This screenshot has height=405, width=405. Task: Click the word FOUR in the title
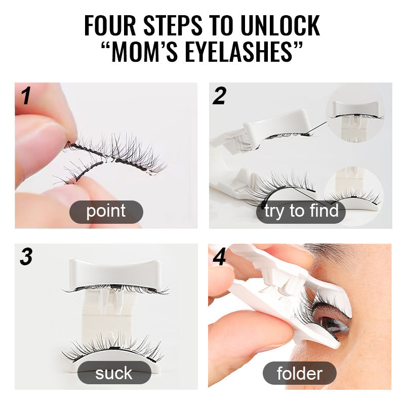click(x=110, y=25)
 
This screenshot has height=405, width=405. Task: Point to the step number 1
click(x=26, y=96)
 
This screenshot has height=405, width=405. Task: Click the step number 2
click(x=219, y=96)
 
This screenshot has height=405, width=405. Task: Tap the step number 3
click(x=26, y=257)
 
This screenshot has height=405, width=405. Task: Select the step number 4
click(x=219, y=257)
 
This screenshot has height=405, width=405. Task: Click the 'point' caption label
click(x=106, y=212)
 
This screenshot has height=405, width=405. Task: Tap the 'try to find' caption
click(x=301, y=212)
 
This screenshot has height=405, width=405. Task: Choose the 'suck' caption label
click(x=114, y=373)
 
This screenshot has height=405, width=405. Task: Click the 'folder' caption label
click(x=299, y=373)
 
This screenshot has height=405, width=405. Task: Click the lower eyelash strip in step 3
click(x=113, y=348)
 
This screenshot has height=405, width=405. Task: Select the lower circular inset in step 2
click(x=354, y=196)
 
